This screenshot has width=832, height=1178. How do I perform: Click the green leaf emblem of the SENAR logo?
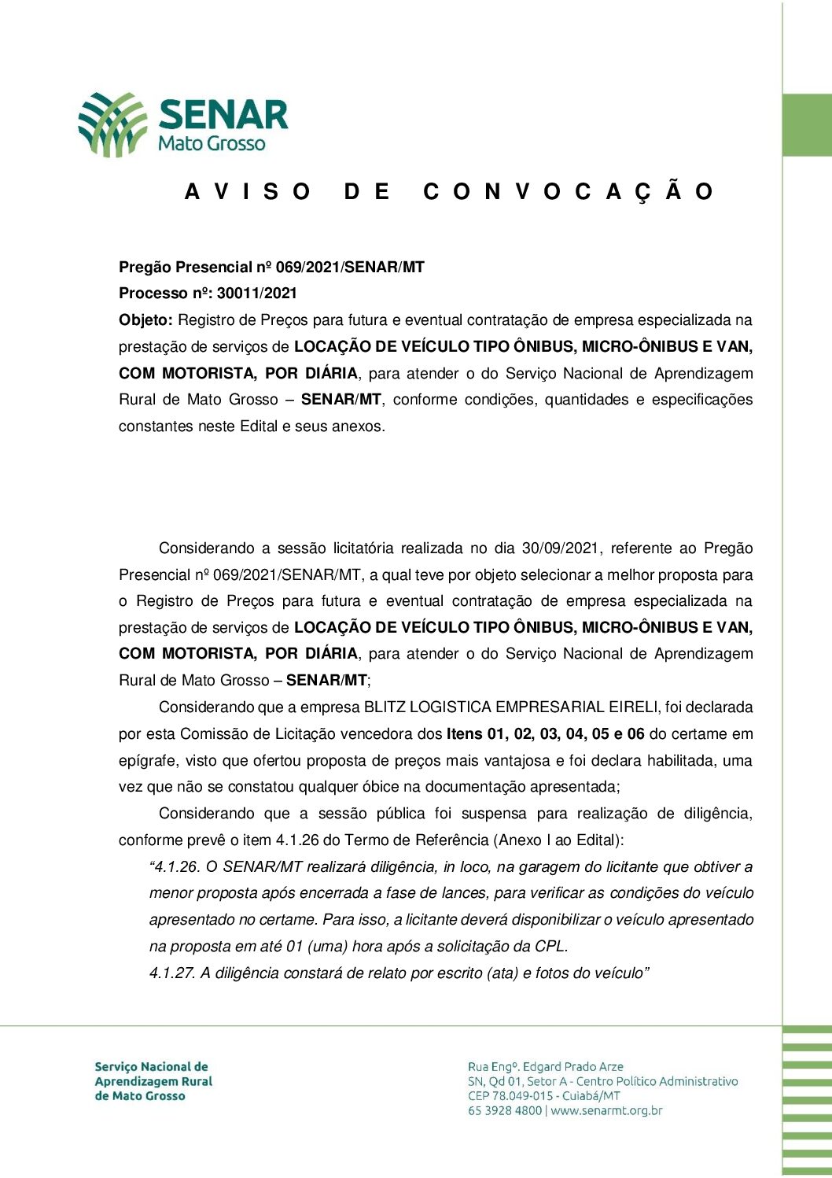click(112, 124)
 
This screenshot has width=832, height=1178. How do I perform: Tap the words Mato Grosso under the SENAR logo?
click(212, 144)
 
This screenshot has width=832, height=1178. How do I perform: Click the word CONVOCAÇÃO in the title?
click(568, 192)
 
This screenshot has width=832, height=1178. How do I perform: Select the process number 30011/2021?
click(257, 294)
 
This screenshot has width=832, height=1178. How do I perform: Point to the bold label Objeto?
click(145, 320)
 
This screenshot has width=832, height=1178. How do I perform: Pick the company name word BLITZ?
click(385, 707)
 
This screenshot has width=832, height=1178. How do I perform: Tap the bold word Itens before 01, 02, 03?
click(465, 734)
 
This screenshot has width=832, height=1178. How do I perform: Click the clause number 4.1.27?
click(171, 973)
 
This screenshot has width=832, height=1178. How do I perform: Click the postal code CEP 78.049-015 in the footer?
click(510, 1096)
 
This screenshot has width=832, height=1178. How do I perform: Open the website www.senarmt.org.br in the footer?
click(606, 1111)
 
